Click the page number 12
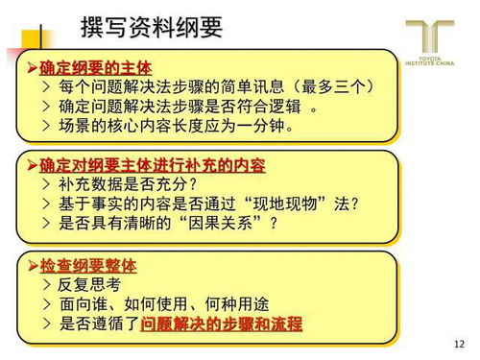(457, 344)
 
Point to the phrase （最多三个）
(330, 87)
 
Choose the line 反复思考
(91, 285)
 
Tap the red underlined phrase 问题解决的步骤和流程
(221, 324)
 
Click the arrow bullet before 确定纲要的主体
(32, 67)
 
